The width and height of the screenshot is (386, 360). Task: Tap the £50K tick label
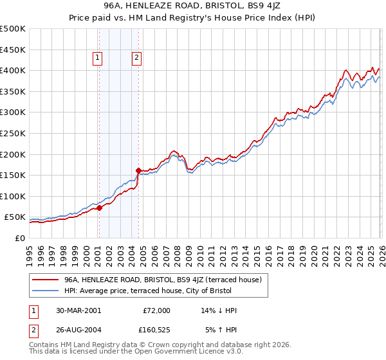tap(15, 217)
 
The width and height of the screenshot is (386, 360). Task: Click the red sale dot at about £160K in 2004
tap(138, 170)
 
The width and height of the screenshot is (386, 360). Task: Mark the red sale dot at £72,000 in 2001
tap(99, 208)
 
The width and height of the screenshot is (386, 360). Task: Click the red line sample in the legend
tap(44, 280)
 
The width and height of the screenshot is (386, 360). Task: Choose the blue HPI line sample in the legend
tap(44, 291)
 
